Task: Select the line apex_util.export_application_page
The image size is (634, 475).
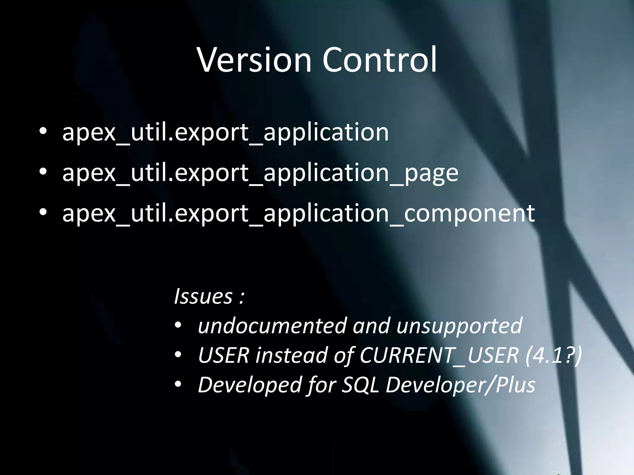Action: coord(260,173)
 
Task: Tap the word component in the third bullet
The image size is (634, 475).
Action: coord(469,213)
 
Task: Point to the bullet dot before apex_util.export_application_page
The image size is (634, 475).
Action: coord(43,172)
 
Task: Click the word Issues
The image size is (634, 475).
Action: coord(203,296)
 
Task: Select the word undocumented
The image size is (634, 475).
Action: coord(272,326)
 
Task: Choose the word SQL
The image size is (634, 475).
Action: coord(360,385)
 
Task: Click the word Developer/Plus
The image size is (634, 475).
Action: coord(460,385)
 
